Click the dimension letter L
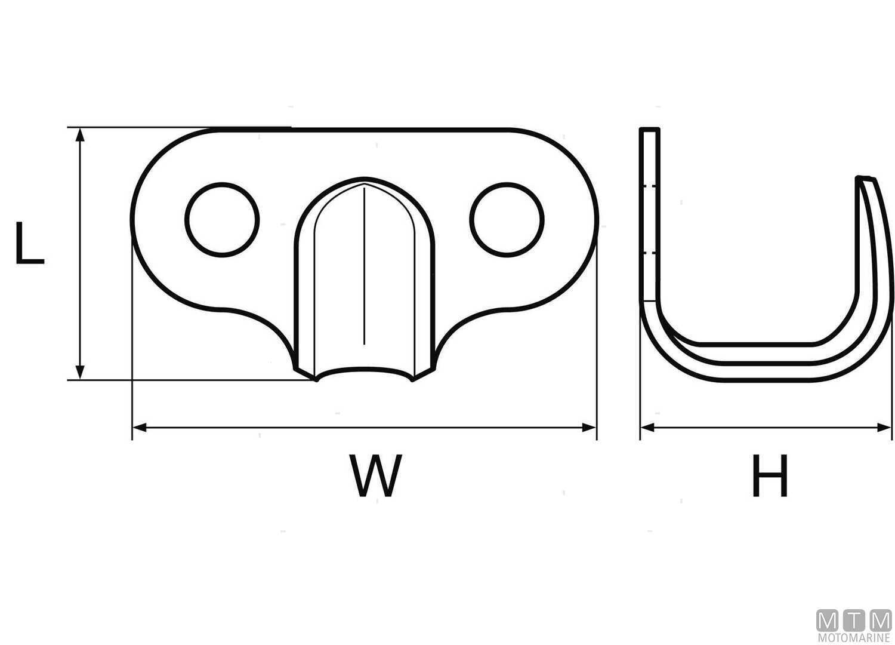point(30,242)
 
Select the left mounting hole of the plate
point(222,220)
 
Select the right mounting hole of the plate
point(507,220)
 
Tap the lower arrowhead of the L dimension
point(81,373)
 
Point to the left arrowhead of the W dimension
point(140,428)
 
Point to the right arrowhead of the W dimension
point(589,428)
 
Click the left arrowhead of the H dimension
point(647,428)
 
